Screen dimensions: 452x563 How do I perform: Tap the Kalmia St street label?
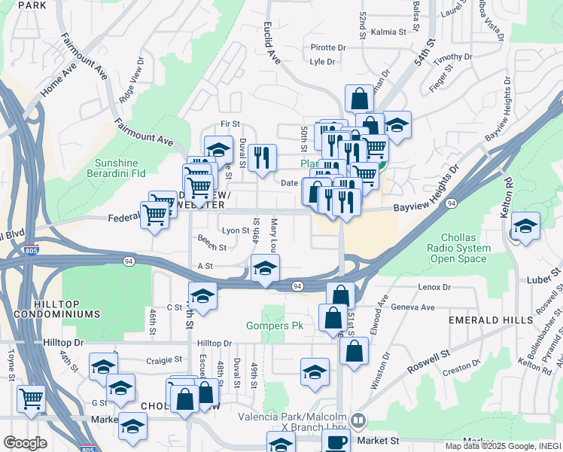(388, 32)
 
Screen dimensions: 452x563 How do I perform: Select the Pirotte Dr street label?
(327, 47)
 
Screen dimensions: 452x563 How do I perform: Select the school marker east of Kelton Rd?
(525, 225)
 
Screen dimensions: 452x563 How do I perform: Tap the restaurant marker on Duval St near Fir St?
(262, 158)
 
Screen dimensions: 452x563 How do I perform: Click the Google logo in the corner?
(25, 443)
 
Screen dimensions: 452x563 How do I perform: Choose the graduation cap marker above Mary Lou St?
(264, 268)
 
